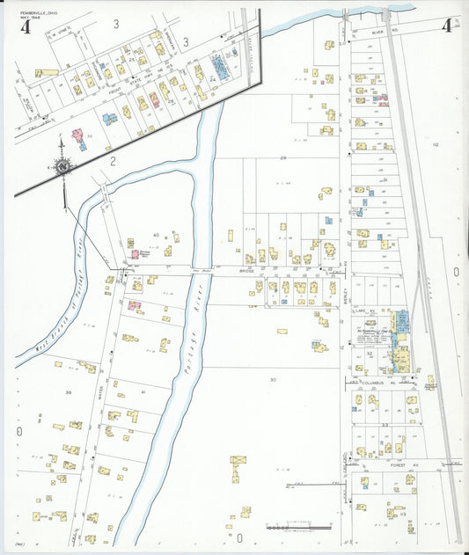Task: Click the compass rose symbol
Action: tap(63, 165)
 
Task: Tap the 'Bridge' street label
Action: tap(246, 271)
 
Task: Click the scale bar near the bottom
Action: tap(299, 528)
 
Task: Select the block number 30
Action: tap(273, 379)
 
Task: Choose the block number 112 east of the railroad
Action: tap(435, 145)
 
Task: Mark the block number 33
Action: tap(385, 425)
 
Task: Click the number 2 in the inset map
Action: tap(114, 159)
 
